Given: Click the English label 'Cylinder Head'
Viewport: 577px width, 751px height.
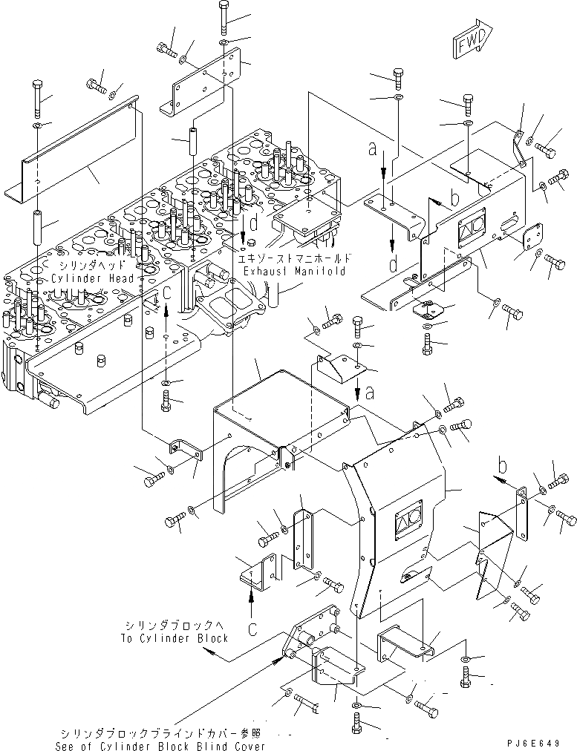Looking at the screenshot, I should coord(93,278).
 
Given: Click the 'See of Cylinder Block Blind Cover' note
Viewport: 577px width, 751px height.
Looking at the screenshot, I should coord(160,745).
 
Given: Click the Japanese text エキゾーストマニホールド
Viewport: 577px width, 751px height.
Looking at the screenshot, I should coord(293,258).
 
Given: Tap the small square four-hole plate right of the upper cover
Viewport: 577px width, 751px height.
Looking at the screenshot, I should coord(529,242).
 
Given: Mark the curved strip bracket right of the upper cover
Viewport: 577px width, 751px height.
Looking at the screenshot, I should coord(518,148).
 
